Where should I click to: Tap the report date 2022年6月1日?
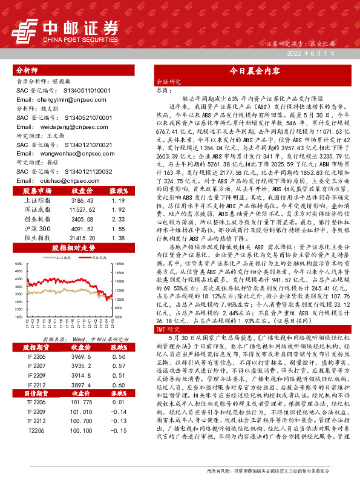point(310,54)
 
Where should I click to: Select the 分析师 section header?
point(27,71)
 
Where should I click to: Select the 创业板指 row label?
point(37,219)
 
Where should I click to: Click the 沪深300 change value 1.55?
point(119,229)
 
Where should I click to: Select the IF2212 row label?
point(37,386)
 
